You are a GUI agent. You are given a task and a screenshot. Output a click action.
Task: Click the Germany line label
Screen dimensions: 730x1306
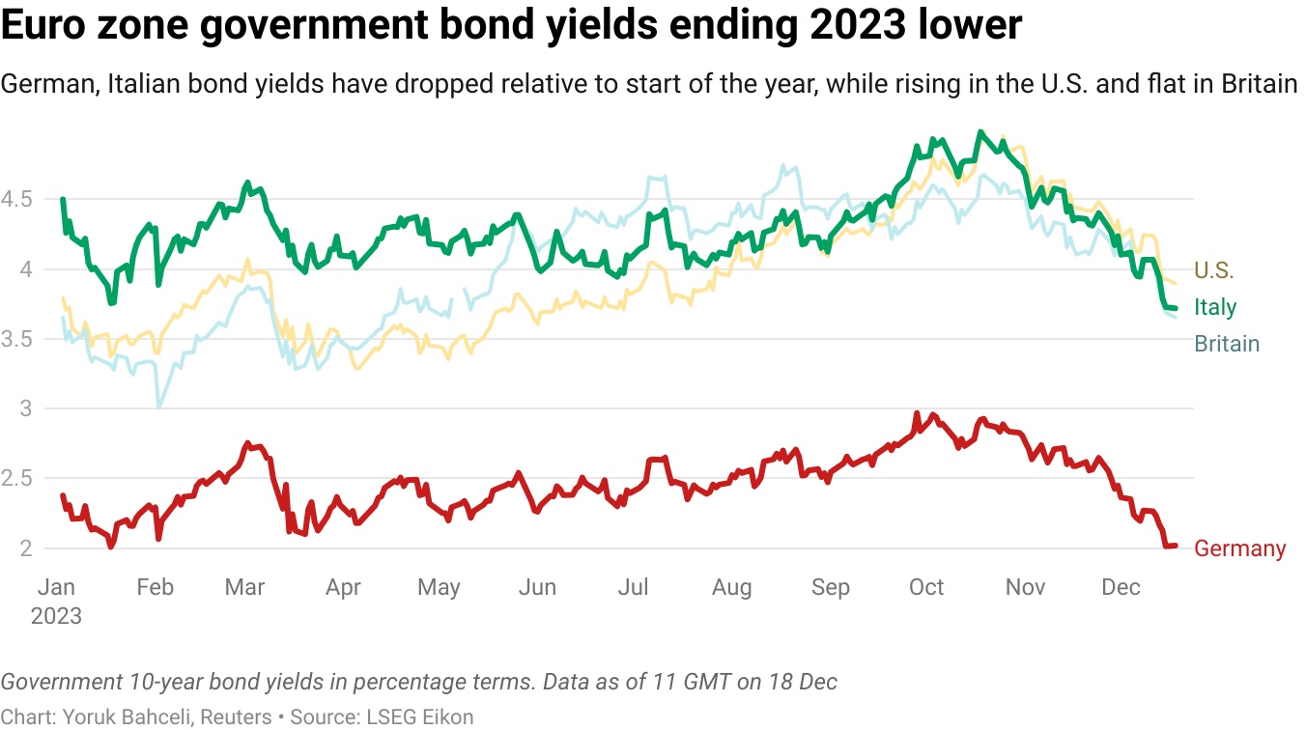click(x=1239, y=548)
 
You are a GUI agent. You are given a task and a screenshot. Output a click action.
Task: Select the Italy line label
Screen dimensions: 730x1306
click(x=1215, y=307)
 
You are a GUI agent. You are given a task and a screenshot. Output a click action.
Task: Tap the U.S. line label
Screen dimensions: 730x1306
click(x=1214, y=270)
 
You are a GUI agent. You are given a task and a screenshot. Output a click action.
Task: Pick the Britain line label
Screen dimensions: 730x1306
click(x=1227, y=344)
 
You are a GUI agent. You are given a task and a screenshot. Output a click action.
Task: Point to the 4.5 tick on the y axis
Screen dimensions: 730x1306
click(x=16, y=200)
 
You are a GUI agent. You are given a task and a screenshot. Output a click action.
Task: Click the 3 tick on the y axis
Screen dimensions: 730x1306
click(x=26, y=409)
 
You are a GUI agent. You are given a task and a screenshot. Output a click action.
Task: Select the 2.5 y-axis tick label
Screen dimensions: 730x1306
click(x=16, y=479)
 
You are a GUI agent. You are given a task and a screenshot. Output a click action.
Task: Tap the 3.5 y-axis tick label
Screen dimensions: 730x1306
click(x=16, y=340)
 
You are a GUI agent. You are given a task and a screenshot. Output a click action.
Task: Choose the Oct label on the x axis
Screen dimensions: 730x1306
click(x=926, y=587)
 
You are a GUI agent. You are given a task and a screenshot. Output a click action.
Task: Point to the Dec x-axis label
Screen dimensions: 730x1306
click(x=1121, y=587)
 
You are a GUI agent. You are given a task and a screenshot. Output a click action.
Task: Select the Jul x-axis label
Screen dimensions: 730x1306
click(x=633, y=587)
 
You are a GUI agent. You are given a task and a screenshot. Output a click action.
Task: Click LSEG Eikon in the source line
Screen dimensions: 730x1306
click(x=420, y=716)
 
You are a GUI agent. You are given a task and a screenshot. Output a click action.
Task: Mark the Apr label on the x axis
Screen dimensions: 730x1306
click(x=343, y=587)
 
